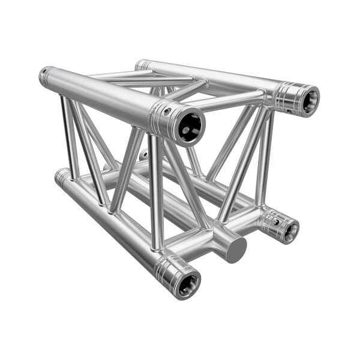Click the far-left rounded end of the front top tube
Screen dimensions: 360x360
(x=45, y=76)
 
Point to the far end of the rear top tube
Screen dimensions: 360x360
(x=142, y=64)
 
